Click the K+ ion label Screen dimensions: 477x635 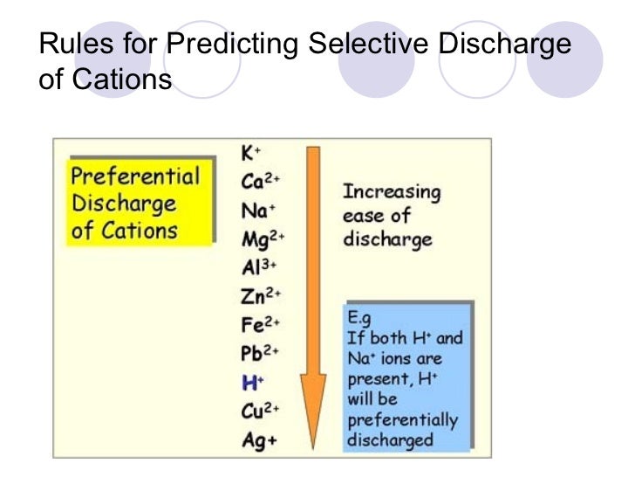pyautogui.click(x=251, y=155)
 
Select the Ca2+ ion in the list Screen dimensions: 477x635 pyautogui.click(x=261, y=183)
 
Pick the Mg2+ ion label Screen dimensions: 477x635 pyautogui.click(x=263, y=238)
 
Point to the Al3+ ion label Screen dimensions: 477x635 pyautogui.click(x=259, y=267)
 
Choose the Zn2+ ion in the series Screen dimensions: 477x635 pyautogui.click(x=261, y=296)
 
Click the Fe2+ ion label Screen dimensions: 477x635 pyautogui.click(x=260, y=325)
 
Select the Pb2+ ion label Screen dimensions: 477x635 pyautogui.click(x=260, y=354)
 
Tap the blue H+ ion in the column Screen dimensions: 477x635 pyautogui.click(x=251, y=382)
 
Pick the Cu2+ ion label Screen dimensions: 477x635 pyautogui.click(x=261, y=411)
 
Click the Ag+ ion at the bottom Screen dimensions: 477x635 pyautogui.click(x=258, y=439)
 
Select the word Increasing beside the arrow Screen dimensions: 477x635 pyautogui.click(x=392, y=192)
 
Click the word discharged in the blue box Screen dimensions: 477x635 pyautogui.click(x=390, y=439)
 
